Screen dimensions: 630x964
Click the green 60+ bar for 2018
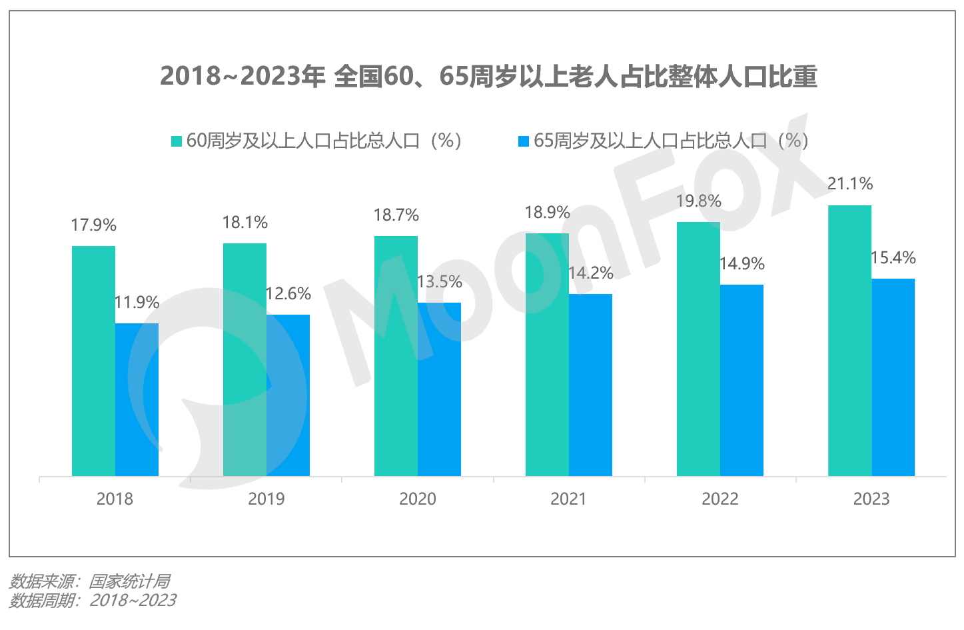[x=93, y=361]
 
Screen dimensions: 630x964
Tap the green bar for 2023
[x=849, y=341]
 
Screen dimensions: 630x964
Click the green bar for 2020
[x=396, y=356]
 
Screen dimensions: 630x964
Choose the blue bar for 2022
[x=741, y=380]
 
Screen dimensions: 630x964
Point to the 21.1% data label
[x=849, y=184]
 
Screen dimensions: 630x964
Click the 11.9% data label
[x=137, y=303]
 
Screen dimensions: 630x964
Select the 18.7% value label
[x=396, y=215]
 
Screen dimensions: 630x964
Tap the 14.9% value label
[x=741, y=264]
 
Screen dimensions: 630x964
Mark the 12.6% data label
[x=288, y=294]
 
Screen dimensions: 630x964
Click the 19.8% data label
[x=698, y=201]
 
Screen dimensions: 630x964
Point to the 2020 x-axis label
[x=417, y=499]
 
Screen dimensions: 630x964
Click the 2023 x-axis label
[x=871, y=499]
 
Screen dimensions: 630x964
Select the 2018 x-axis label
[x=115, y=499]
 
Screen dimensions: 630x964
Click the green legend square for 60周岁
[x=177, y=141]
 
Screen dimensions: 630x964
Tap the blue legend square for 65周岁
[x=524, y=141]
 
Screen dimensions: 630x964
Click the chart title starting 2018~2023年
[x=488, y=76]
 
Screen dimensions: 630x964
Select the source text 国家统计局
[x=130, y=581]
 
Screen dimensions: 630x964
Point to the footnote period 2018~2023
[x=133, y=601]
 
